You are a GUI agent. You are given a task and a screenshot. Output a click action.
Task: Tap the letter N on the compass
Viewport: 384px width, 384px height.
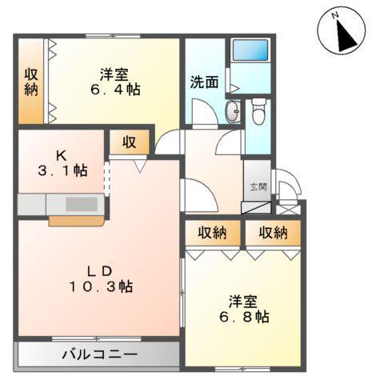coord(336,14)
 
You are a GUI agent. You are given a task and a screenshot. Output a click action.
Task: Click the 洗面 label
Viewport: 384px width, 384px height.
coord(204,82)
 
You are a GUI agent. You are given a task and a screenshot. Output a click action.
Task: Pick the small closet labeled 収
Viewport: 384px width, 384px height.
coord(129,142)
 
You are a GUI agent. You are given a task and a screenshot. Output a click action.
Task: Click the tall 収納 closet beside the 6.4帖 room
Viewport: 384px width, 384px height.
coord(30,82)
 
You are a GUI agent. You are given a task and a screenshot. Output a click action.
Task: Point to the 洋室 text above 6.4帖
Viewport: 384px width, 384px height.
coord(115,74)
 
